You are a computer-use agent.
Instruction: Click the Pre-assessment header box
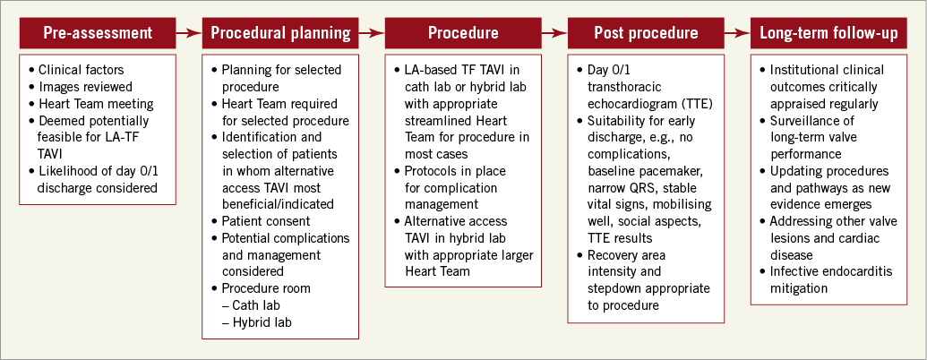(98, 33)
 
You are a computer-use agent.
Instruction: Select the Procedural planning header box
(280, 33)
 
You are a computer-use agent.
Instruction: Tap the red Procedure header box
(463, 33)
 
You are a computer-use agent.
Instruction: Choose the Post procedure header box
(646, 33)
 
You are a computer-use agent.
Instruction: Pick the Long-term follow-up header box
(828, 33)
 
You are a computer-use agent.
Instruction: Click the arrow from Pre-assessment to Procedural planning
(189, 33)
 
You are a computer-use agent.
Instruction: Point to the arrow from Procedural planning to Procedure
(372, 33)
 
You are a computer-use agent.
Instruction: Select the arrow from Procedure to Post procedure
(554, 33)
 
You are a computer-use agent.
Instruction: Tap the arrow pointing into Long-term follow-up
(737, 33)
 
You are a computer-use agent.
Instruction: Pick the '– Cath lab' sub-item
(251, 305)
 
